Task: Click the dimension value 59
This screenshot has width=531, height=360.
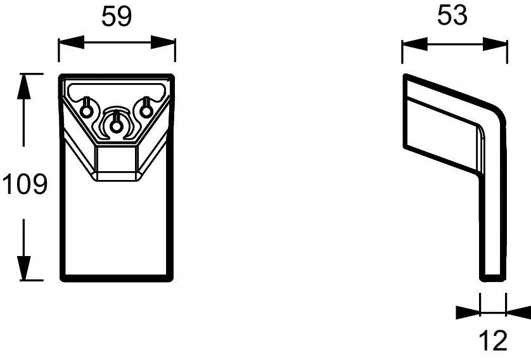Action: click(x=117, y=16)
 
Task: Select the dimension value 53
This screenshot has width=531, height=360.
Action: click(x=452, y=15)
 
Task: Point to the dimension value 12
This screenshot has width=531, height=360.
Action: click(x=494, y=341)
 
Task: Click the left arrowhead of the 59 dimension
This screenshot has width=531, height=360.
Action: click(x=72, y=42)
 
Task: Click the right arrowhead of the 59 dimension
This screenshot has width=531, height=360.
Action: click(x=163, y=42)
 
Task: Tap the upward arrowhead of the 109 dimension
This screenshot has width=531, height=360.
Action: click(x=23, y=86)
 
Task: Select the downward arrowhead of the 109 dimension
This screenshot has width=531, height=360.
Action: click(x=23, y=268)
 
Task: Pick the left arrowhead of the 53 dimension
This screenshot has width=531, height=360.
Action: click(x=415, y=44)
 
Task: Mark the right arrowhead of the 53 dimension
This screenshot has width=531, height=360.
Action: click(x=495, y=44)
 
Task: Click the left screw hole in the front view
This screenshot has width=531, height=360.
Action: click(x=86, y=111)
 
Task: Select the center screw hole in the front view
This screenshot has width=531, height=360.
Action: click(x=116, y=127)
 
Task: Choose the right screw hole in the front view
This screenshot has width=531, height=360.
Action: click(x=146, y=111)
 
